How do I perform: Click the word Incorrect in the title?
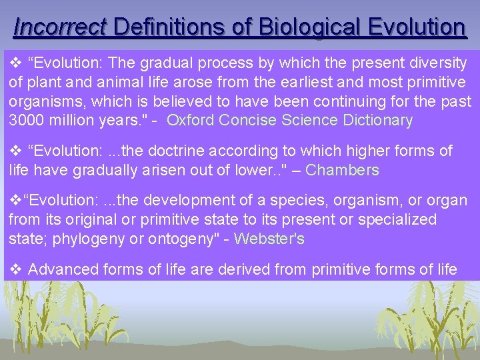pos(60,27)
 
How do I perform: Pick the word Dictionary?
pos(375,121)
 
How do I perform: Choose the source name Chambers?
pos(342,170)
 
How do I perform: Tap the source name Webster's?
pos(269,239)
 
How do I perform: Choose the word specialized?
pos(397,219)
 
